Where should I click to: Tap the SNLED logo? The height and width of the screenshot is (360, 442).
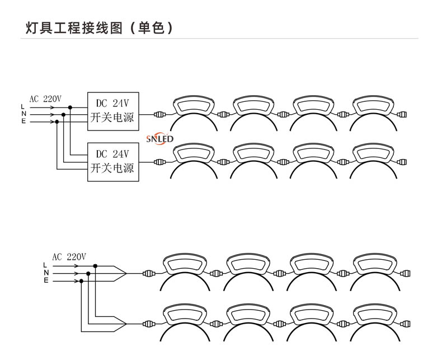pos(160,138)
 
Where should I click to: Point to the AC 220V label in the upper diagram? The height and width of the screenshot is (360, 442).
pos(45,99)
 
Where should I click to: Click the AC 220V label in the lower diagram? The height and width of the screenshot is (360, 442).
pos(69,257)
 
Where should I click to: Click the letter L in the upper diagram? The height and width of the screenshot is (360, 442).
pos(23,107)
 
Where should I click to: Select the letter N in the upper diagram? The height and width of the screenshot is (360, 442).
pos(23,114)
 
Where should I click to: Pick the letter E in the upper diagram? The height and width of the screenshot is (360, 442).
pos(23,121)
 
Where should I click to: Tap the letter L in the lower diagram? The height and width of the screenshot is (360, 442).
pos(46,265)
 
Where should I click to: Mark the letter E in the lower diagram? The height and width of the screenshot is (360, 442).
pos(46,280)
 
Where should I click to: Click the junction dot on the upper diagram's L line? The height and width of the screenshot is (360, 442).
pos(70,107)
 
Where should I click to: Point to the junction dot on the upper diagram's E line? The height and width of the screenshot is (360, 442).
pos(57,121)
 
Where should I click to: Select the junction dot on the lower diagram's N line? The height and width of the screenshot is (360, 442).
pos(88,273)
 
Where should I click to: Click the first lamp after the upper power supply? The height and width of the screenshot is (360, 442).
pos(194,106)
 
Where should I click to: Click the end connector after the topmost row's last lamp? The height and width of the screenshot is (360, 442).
pos(402,115)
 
